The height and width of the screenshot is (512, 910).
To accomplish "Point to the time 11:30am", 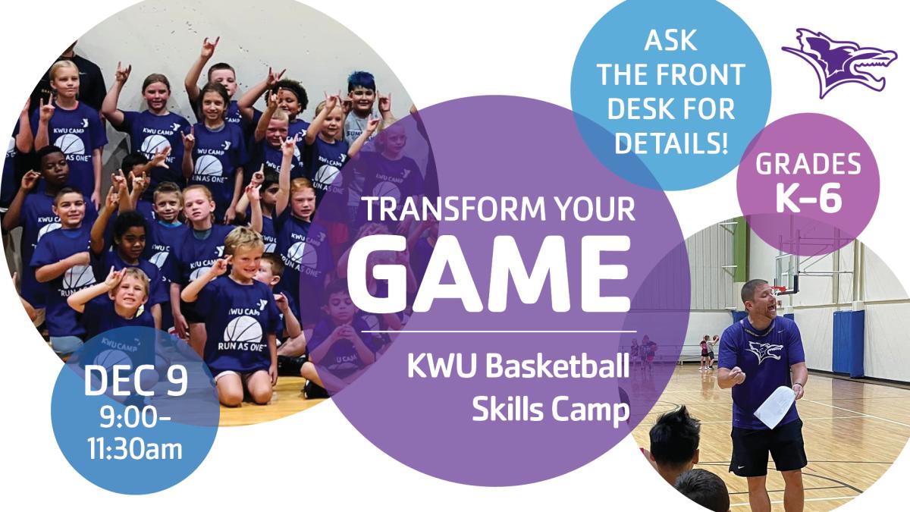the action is point(135,449).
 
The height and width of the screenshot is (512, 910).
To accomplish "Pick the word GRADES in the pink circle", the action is point(808,164).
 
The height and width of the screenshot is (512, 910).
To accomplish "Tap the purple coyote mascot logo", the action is point(839,63).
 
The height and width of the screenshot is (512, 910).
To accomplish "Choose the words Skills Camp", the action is point(551,411).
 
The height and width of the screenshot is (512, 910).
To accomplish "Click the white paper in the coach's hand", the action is point(774,407).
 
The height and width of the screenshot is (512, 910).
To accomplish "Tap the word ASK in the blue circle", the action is point(670,40).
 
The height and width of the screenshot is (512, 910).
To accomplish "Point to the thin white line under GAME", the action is point(499,331).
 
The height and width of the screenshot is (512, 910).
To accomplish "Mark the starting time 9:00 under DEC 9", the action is point(134,418).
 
